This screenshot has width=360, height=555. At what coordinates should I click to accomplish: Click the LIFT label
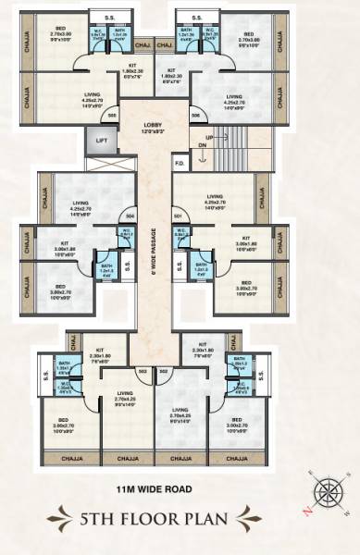(x=100, y=142)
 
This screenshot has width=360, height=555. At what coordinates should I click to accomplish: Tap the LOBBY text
(x=154, y=126)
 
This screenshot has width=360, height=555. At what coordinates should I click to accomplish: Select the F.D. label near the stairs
(x=180, y=165)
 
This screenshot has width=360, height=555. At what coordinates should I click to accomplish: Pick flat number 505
(x=112, y=115)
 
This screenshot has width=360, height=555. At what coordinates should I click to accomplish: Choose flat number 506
(x=195, y=115)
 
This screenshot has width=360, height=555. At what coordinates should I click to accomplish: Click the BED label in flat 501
(x=246, y=282)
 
